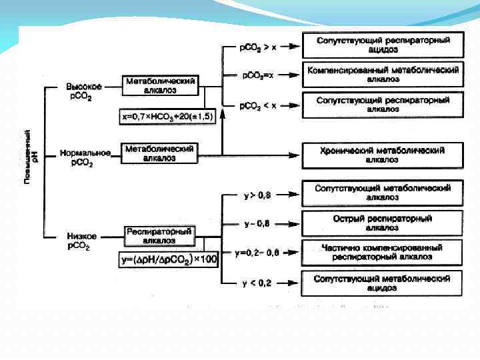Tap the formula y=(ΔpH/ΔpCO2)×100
(170, 259)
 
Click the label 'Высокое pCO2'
(83, 92)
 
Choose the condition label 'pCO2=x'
(257, 75)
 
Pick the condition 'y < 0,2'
(257, 283)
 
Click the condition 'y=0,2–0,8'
(257, 253)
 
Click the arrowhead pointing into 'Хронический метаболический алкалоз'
(294, 155)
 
